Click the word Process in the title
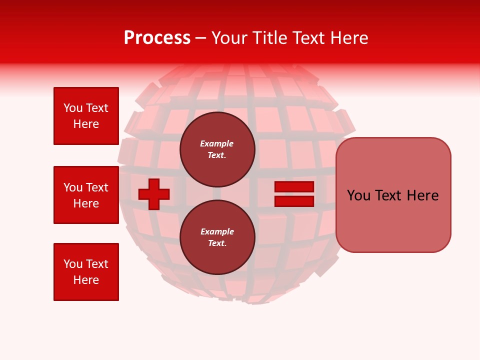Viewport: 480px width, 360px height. click(157, 38)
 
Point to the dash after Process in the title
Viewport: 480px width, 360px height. click(201, 38)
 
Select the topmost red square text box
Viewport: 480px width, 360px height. click(86, 116)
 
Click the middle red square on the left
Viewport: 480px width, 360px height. click(86, 195)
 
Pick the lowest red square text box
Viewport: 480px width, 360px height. click(86, 272)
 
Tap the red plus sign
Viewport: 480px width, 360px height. click(154, 193)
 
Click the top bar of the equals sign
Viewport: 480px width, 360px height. click(294, 187)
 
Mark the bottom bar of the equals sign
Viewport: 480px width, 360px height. click(294, 201)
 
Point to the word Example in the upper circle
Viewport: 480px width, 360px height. click(217, 143)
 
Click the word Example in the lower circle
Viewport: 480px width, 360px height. click(217, 231)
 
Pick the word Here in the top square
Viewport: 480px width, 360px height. click(86, 124)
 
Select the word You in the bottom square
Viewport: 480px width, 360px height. click(72, 264)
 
